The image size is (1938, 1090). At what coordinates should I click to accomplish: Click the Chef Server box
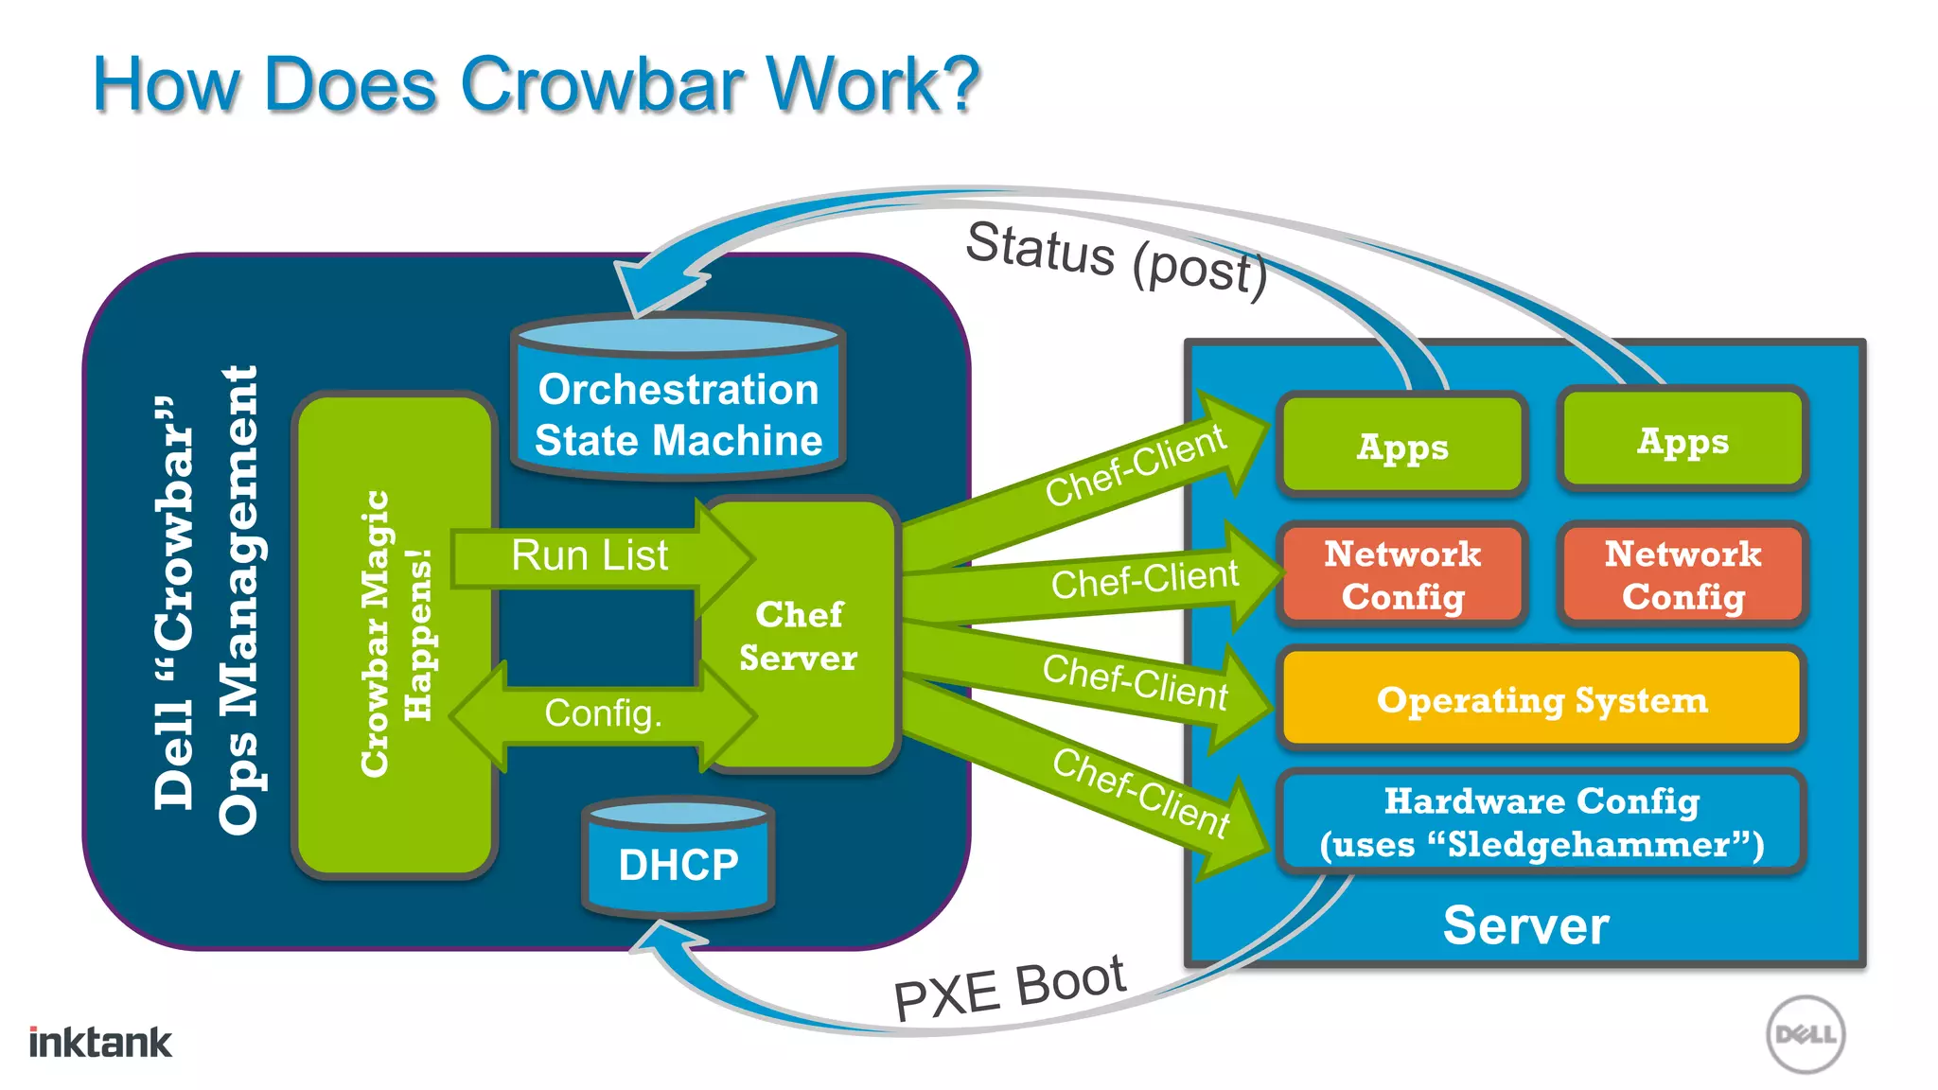tap(800, 636)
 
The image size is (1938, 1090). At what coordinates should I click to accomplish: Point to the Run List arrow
tap(590, 556)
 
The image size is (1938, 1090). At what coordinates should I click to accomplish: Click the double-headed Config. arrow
tap(603, 714)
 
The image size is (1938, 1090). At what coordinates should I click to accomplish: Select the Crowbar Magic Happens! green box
tap(396, 634)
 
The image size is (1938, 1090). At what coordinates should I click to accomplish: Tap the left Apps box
tap(1401, 446)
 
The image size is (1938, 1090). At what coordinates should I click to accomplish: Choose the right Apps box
tap(1683, 440)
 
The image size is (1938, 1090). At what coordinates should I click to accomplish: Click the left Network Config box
tap(1401, 574)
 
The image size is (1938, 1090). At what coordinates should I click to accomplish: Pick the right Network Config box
tap(1683, 574)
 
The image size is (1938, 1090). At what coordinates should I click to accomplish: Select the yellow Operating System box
tap(1541, 699)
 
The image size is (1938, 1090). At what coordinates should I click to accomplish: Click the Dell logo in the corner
tap(1805, 1034)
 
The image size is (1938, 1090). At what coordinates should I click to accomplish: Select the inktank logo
tap(100, 1042)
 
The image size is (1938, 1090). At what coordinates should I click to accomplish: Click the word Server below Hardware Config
tap(1524, 925)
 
